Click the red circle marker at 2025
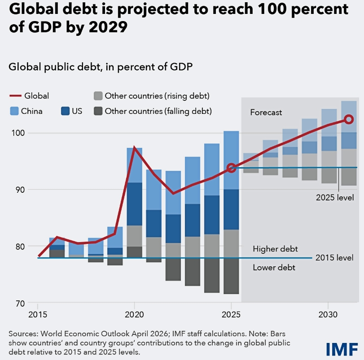click(x=231, y=168)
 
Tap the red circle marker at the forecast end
click(x=348, y=119)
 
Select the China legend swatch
click(x=13, y=111)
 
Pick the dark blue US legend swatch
click(x=65, y=111)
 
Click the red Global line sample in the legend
click(x=15, y=95)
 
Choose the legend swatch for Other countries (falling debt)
click(x=97, y=111)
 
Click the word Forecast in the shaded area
click(x=266, y=113)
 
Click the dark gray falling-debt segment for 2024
click(x=212, y=276)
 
